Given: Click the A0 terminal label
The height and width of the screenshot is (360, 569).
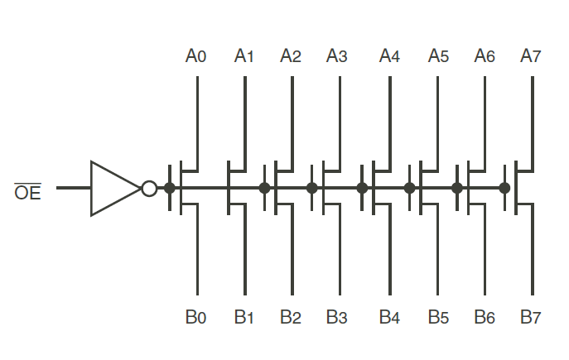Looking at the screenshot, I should coord(195,56).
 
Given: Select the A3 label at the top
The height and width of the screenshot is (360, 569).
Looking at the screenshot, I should coord(336,56).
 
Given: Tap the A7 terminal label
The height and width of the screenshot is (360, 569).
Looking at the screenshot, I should coord(531,56).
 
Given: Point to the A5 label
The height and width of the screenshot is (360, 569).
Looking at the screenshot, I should coord(438,56).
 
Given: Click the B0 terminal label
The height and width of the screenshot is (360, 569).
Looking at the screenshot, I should coord(195,317).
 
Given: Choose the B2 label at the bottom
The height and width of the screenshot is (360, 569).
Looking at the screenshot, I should coord(290,317).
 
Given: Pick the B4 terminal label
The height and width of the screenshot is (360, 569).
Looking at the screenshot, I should coord(389,317).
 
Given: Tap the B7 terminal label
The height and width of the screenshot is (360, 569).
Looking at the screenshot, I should coord(531,317).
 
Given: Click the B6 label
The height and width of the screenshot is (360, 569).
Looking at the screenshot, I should coord(485,317).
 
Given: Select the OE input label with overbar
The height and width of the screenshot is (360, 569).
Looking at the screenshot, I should coord(27,194).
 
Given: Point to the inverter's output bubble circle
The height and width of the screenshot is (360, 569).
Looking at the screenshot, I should coord(149,189).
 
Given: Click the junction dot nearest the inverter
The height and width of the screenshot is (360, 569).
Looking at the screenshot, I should coord(170,188).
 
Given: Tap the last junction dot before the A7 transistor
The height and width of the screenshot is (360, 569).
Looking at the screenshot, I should coord(504,188).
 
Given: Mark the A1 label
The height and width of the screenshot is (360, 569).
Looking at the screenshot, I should coord(244,56).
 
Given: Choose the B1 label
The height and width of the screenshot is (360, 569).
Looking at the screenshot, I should coord(244,317).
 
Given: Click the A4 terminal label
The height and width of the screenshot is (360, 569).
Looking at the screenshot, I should coord(389,56).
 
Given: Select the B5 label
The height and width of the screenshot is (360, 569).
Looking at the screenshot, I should coord(438,317).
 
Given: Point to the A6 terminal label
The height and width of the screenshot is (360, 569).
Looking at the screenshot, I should coord(485,56).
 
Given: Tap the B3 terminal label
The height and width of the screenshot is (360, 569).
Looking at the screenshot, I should coord(336,317).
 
